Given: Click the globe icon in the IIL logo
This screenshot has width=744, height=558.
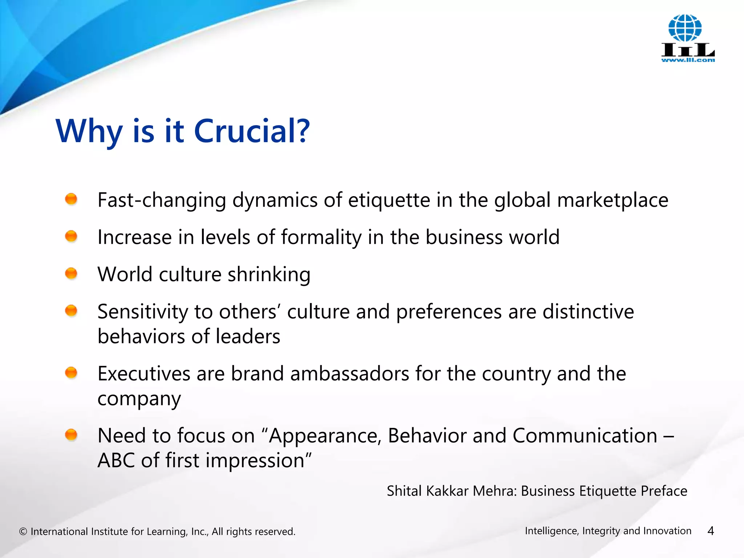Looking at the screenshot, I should click(685, 28).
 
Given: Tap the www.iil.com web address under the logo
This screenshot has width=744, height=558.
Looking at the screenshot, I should click(688, 60).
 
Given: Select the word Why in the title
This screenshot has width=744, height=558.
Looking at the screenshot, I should click(89, 132).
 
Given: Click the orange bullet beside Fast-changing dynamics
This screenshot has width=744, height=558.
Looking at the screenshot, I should click(71, 199).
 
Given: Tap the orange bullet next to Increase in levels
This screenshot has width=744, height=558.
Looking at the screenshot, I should click(71, 236).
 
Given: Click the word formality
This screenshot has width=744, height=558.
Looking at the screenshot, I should click(321, 238).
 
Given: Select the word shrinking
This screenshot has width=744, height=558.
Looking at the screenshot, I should click(269, 275).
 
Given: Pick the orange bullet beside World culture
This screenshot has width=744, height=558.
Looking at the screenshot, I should click(71, 273).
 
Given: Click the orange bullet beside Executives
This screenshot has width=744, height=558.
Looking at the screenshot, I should click(71, 372).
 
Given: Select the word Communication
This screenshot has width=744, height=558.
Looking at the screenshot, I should click(585, 436).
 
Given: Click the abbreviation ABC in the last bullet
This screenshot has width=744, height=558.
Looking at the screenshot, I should click(116, 461).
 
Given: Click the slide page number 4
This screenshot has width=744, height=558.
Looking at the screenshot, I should click(711, 531).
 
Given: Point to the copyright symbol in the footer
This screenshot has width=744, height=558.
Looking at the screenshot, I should click(23, 532).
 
